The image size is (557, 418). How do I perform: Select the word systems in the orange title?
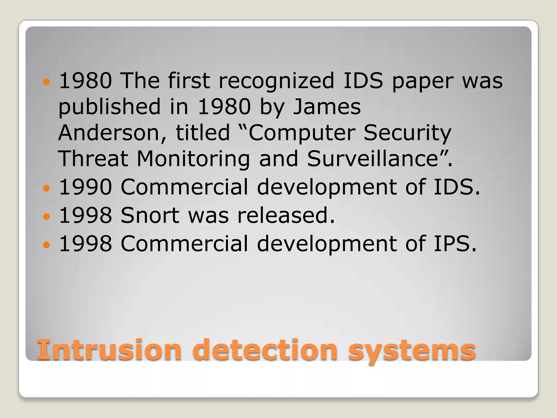pyautogui.click(x=412, y=351)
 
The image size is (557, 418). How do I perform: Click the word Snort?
pyautogui.click(x=150, y=215)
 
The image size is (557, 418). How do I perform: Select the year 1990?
pyautogui.click(x=85, y=187)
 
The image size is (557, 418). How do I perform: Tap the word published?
pyautogui.click(x=109, y=107)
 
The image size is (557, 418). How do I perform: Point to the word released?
pyautogui.click(x=286, y=215)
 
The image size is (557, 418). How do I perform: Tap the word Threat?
pyautogui.click(x=93, y=159)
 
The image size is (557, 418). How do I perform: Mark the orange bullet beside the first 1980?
pyautogui.click(x=47, y=81)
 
